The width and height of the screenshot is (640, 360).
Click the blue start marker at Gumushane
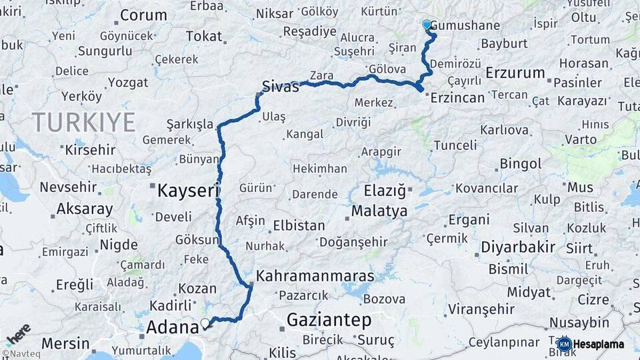(x=427, y=25)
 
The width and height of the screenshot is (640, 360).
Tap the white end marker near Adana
(x=205, y=325)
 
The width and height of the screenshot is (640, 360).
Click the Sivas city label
(x=280, y=86)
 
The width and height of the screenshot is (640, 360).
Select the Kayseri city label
(x=188, y=191)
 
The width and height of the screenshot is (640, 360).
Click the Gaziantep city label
(x=329, y=321)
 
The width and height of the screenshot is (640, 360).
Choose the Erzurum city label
(x=515, y=73)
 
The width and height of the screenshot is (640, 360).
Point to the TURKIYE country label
(x=84, y=123)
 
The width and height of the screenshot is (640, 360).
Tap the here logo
(x=17, y=332)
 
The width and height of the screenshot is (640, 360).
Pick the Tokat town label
(x=204, y=37)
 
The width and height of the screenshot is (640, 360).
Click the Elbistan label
(x=299, y=226)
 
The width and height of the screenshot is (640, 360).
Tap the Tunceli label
(x=455, y=145)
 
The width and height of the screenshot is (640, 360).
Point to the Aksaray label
(x=85, y=209)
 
